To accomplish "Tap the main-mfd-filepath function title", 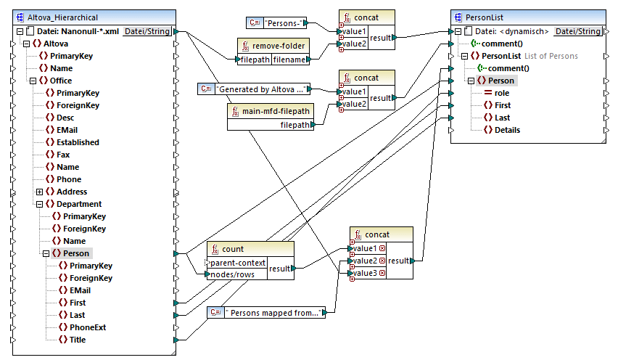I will (x=272, y=110).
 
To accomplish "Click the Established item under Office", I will (x=78, y=142).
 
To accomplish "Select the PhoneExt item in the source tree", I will (x=87, y=327).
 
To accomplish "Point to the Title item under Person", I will (x=77, y=340).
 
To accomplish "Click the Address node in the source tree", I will (x=71, y=192).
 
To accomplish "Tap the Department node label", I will (x=79, y=204).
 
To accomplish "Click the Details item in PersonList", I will (x=507, y=130).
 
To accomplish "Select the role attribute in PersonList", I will (x=503, y=93).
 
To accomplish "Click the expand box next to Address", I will (x=39, y=192).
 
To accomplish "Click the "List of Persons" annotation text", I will (x=551, y=56).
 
